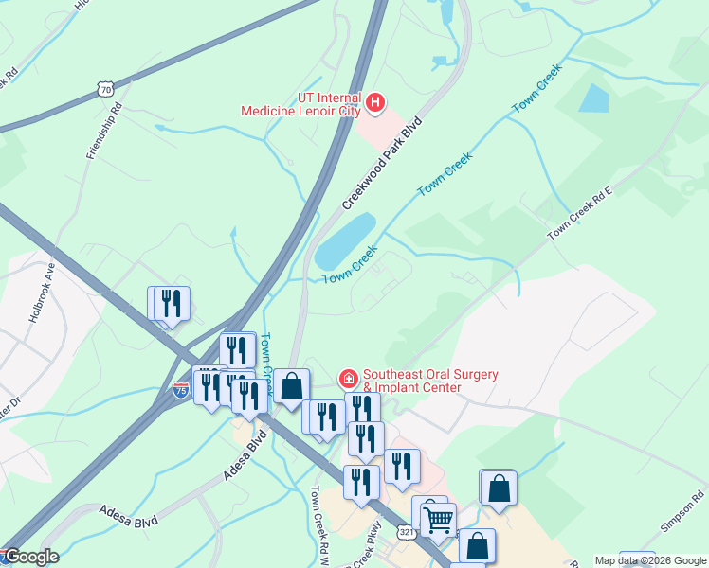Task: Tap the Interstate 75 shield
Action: coord(181,389)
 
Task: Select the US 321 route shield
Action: coord(406,533)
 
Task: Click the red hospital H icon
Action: coord(375,102)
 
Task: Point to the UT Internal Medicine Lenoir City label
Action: coord(302,104)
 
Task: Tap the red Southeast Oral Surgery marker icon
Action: coord(348,380)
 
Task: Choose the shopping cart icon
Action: coord(438,519)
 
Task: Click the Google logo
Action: coord(30,557)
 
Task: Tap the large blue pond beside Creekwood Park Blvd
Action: coord(345,240)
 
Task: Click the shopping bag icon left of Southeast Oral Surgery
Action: coord(292,386)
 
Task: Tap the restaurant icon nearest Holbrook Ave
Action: coord(171,303)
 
